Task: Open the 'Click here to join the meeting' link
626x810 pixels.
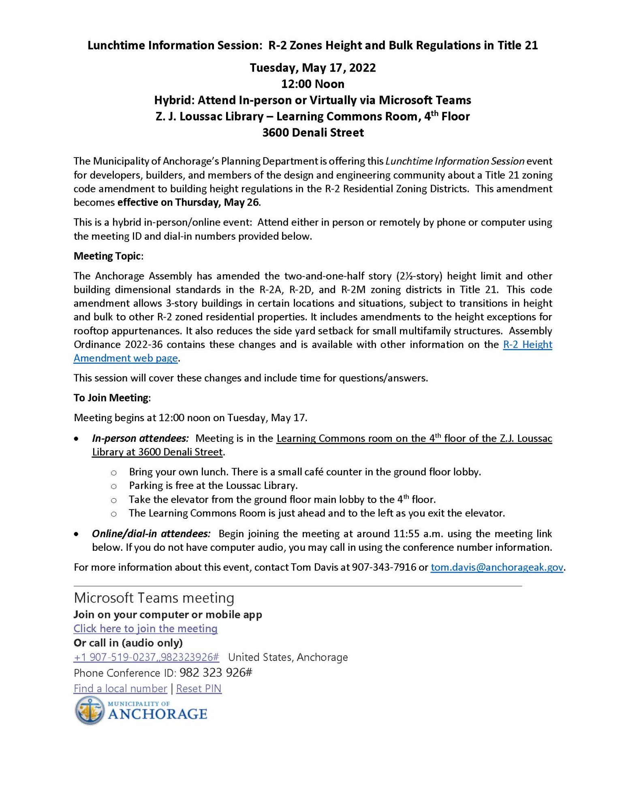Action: point(145,628)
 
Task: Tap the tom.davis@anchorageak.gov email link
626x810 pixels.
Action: point(497,567)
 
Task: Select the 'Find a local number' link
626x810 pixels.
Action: point(120,688)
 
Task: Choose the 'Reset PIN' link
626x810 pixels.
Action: point(199,688)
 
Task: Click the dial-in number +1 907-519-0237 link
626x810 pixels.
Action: point(146,657)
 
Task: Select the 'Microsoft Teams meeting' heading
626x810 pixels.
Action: point(154,598)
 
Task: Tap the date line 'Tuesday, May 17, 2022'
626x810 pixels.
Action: point(313,68)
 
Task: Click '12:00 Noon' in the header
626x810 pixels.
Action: point(313,84)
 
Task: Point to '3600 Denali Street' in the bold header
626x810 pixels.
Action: point(313,132)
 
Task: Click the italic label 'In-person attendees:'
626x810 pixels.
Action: point(140,438)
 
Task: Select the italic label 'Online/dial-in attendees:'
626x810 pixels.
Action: point(151,533)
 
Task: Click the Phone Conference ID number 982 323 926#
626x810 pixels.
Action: point(216,673)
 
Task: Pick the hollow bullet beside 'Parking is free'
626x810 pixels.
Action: point(114,486)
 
